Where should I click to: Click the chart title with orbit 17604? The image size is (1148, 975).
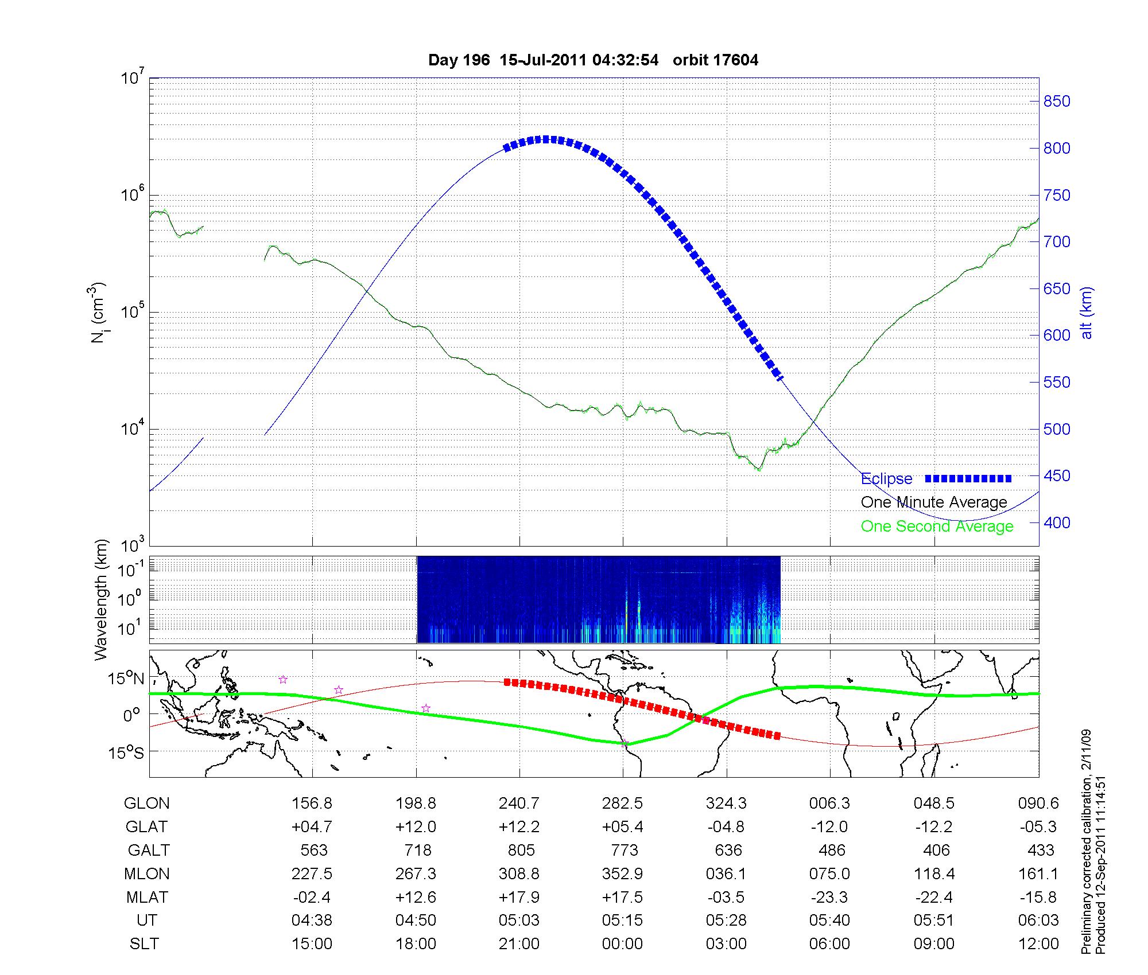coord(593,60)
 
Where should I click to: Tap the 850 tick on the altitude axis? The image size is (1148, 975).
coord(1057,102)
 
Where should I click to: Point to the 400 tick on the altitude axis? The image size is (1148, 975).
coord(1057,522)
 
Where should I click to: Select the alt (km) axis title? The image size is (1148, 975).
coord(1087,313)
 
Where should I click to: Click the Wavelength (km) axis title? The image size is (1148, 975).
coord(101,599)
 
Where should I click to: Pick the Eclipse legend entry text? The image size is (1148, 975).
coord(886,478)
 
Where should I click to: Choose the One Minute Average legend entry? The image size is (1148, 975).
coord(934,502)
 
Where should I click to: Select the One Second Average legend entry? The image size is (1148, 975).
coord(937,526)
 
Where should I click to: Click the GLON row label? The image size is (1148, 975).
coord(147,804)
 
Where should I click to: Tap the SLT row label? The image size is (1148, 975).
coord(144,944)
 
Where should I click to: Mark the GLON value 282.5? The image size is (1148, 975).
coord(623,804)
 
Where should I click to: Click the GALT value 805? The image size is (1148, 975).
coord(521,850)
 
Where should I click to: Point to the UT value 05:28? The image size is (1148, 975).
coord(726,921)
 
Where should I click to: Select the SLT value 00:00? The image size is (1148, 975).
coord(623,944)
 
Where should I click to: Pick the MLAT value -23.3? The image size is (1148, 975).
coord(829,897)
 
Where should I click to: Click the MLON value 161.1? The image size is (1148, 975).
coord(1038,873)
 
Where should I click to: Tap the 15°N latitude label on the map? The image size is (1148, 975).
coord(126,679)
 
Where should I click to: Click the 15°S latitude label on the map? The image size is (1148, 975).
coord(126,752)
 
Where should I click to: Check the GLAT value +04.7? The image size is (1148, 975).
coord(312,827)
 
